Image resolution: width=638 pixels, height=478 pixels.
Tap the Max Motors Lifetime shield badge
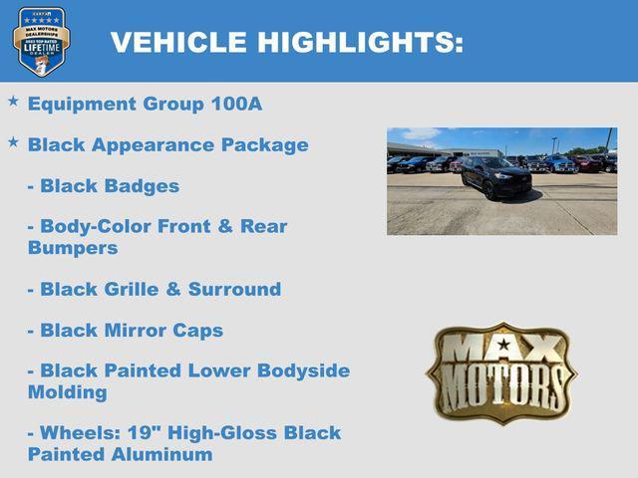pyautogui.click(x=41, y=41)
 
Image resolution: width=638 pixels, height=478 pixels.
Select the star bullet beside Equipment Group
pyautogui.click(x=13, y=102)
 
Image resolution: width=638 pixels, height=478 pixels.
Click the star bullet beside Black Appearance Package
pyautogui.click(x=13, y=142)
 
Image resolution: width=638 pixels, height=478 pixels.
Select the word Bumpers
pyautogui.click(x=73, y=248)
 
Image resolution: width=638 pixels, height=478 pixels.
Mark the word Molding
pyautogui.click(x=68, y=392)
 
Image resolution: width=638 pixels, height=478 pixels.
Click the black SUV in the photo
pyautogui.click(x=495, y=177)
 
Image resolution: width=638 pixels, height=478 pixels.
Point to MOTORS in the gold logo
pyautogui.click(x=502, y=382)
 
